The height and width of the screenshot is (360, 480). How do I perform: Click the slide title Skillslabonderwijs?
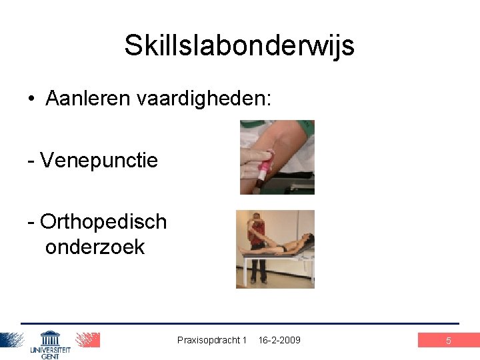coord(239,46)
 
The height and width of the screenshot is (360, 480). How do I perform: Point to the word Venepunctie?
coord(99,160)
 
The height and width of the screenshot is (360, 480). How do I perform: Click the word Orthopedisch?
coord(103,221)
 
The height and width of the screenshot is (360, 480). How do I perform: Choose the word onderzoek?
coord(95,247)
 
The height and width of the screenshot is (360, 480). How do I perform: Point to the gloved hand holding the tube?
coord(256,160)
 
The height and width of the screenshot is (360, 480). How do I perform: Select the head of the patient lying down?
coord(306,238)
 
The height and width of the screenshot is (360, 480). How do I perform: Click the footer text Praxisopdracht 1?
coord(212,340)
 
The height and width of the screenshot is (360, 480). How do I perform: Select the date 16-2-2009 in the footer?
coord(279,340)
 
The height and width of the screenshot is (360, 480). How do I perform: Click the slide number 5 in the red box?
coord(448,341)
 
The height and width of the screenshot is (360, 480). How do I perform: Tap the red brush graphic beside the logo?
coord(87,340)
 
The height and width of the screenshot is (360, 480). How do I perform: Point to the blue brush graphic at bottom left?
coord(12,340)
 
